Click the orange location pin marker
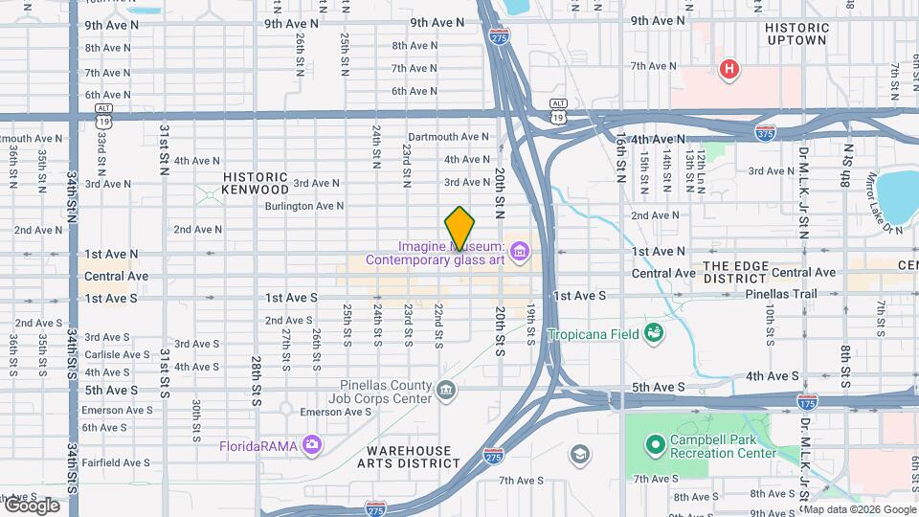point(459,228)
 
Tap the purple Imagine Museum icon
point(520,252)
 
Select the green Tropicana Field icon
point(655,333)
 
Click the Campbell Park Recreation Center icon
point(655,444)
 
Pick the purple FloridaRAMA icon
point(311,444)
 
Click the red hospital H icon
point(729,69)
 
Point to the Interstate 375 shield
point(765,132)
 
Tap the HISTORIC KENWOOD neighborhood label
point(256,184)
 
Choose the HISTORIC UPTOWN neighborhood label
point(796,34)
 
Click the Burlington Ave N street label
point(303,206)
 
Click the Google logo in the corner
point(32,505)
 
